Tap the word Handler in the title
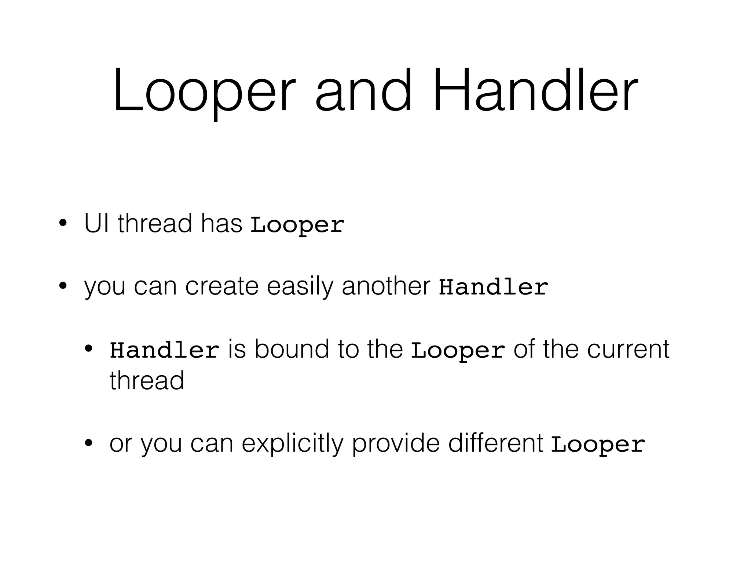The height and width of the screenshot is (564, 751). pos(535,92)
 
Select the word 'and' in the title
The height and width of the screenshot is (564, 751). pos(363,92)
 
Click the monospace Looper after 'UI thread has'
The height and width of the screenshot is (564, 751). pos(297,225)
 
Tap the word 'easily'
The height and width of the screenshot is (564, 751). pos(300,287)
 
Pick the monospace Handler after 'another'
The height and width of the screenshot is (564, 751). pos(494,288)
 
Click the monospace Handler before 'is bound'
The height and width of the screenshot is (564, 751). pos(165,350)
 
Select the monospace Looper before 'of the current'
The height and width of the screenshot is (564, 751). pos(458,350)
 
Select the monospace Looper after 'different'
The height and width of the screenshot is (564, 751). pos(598,445)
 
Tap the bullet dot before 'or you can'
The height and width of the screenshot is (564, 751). pos(88,443)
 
